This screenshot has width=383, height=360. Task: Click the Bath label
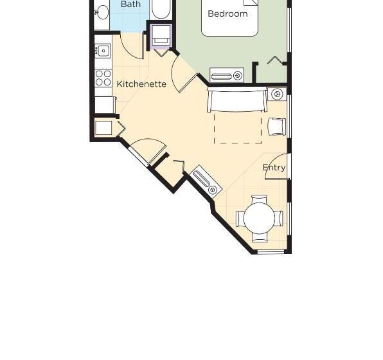point(130,4)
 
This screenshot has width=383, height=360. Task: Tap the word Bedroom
point(227,14)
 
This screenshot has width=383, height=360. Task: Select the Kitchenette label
point(141,84)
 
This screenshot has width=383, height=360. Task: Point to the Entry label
point(274,168)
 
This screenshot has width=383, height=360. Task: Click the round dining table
point(260,219)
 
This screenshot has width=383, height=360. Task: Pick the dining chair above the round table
point(260,199)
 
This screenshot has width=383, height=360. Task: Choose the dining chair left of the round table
point(240,219)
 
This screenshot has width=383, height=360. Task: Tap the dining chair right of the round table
point(280,219)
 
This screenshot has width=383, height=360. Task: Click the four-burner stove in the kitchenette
point(103,78)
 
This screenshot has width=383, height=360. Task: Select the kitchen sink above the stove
point(103,51)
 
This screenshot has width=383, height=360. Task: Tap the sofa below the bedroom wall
point(237,101)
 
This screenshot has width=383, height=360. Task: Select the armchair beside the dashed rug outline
point(277,126)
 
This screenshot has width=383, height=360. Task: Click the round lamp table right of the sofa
point(278,94)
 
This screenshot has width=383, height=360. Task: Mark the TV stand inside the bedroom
point(227,76)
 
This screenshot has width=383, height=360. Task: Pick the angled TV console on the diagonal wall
point(207,181)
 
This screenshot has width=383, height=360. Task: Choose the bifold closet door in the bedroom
point(277,61)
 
